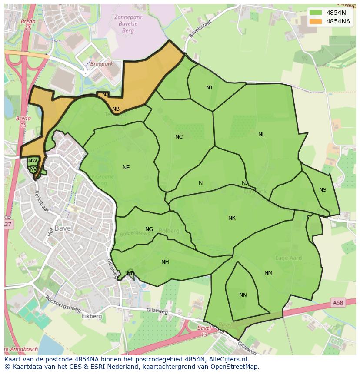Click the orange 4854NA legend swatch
click(316, 21)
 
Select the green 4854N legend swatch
click(316, 13)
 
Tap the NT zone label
click(210, 88)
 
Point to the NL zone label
click(261, 134)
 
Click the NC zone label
click(179, 137)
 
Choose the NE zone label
click(126, 168)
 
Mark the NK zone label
click(232, 218)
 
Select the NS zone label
click(323, 190)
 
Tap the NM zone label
click(268, 273)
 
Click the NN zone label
click(243, 295)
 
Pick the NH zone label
click(165, 262)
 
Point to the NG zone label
click(149, 229)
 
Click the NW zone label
click(33, 161)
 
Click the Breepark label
click(101, 64)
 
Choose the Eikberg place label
click(92, 316)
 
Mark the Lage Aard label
click(288, 258)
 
